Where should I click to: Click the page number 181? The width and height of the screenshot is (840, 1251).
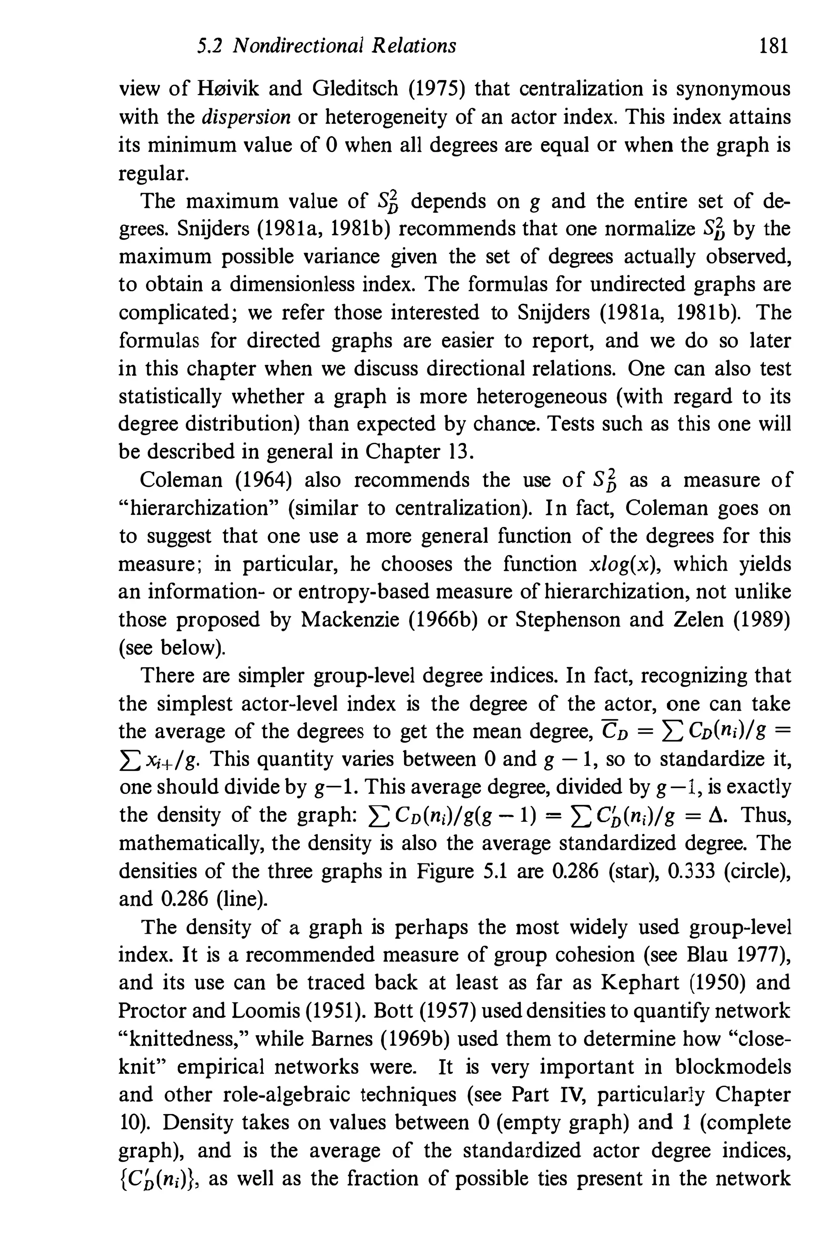click(774, 47)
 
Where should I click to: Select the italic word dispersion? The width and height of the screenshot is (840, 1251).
click(247, 117)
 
